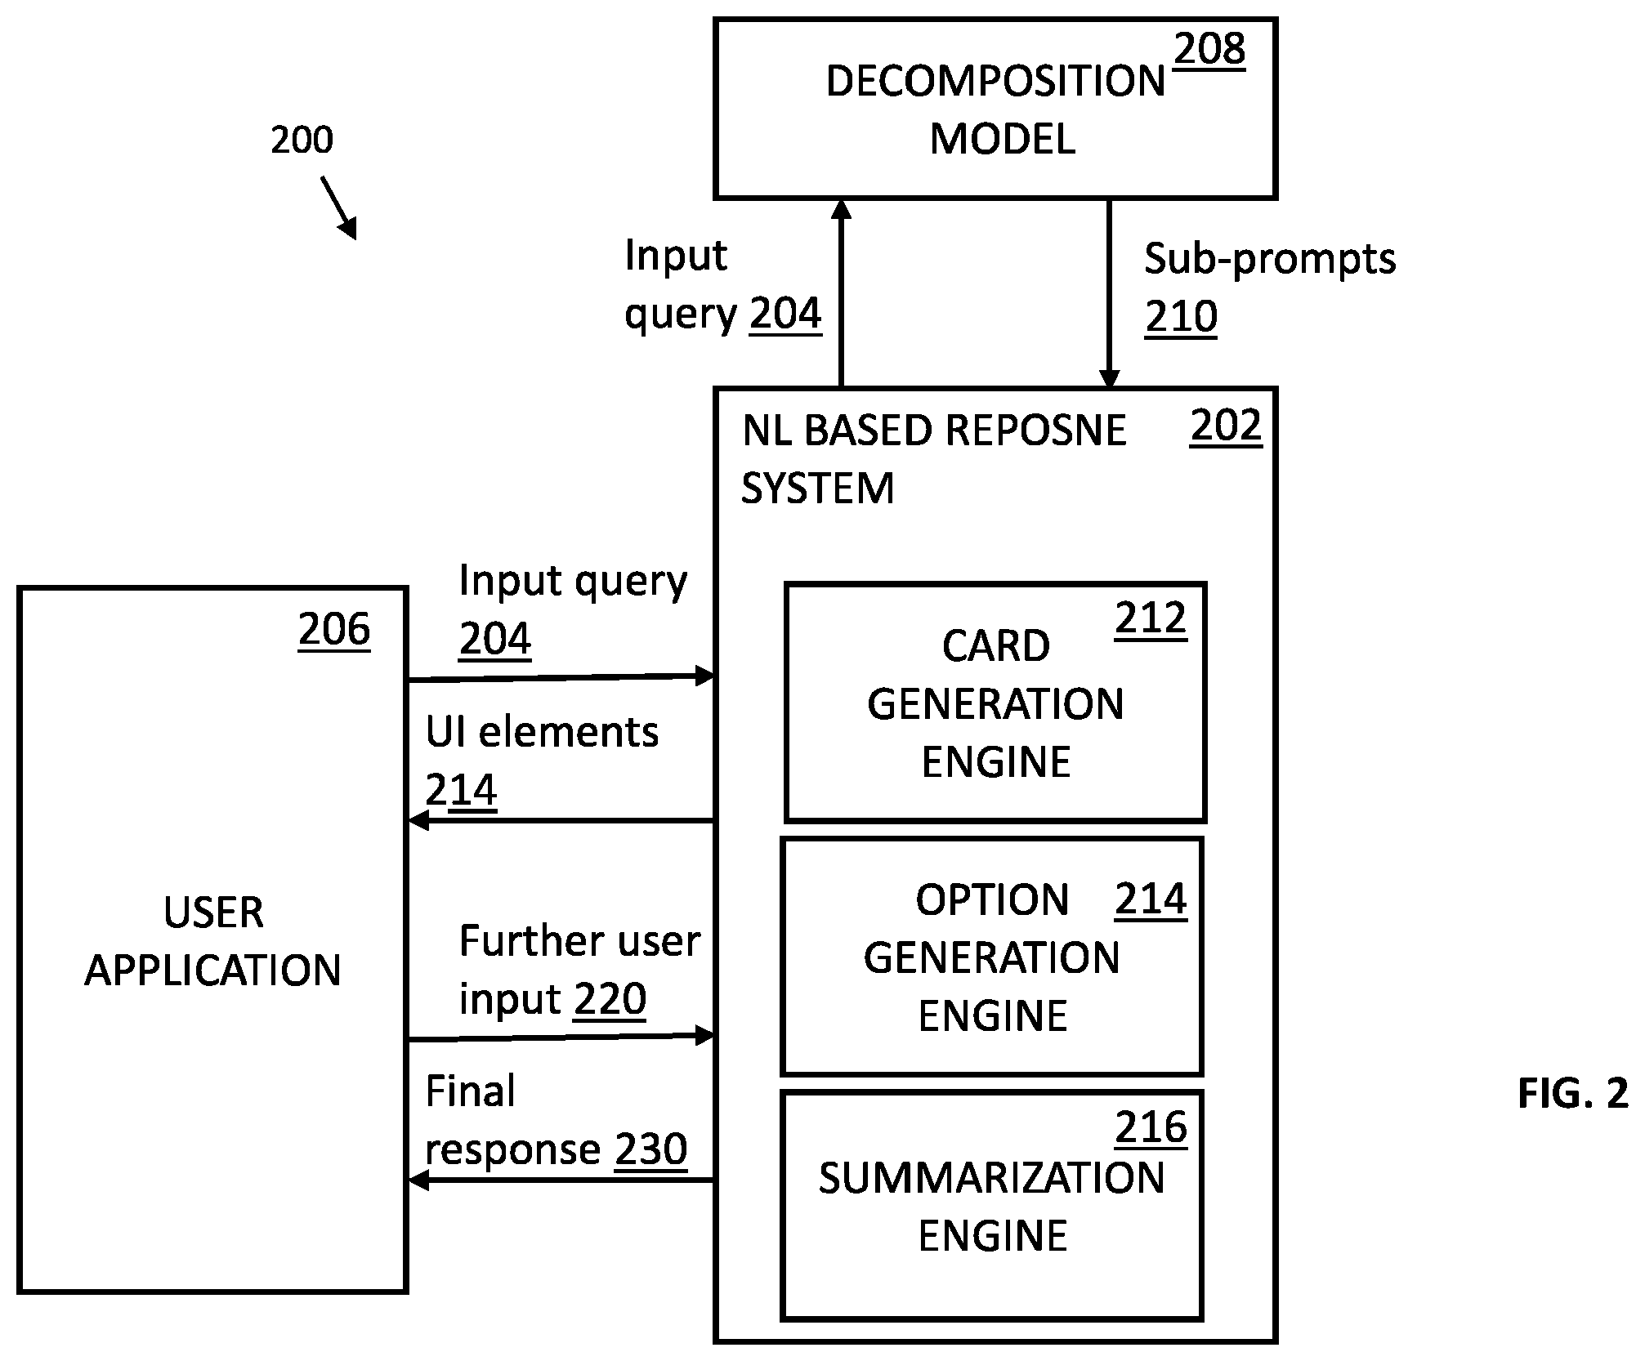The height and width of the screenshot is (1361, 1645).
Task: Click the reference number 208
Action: [x=1209, y=50]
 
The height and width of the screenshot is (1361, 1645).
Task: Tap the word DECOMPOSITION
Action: [x=995, y=81]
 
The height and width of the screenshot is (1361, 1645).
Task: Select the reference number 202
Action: [x=1226, y=426]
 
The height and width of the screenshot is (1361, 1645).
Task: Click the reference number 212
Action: [x=1151, y=618]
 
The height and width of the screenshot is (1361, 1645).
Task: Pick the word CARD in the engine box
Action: [x=996, y=645]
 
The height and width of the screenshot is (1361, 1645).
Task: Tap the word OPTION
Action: [x=992, y=899]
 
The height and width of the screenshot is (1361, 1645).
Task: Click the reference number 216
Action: [x=1151, y=1127]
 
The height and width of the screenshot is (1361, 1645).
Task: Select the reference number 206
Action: [x=334, y=630]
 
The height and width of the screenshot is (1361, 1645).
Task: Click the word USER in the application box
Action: [x=213, y=912]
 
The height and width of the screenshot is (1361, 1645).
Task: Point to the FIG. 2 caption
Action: [x=1573, y=1093]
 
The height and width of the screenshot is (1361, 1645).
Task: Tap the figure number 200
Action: [x=302, y=140]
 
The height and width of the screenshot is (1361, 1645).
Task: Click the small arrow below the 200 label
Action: [x=339, y=208]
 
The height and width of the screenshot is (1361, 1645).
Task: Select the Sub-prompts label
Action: [x=1270, y=259]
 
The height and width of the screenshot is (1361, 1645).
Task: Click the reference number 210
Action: [x=1181, y=317]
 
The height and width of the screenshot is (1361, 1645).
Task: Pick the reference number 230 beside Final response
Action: [x=650, y=1149]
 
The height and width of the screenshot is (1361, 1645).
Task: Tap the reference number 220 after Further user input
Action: [x=610, y=998]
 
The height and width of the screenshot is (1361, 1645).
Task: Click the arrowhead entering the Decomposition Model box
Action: [x=841, y=209]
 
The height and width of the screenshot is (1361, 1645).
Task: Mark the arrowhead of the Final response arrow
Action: [x=418, y=1180]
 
